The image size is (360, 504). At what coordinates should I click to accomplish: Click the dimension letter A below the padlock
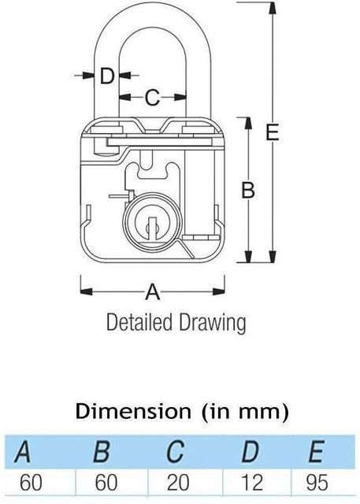[154, 293]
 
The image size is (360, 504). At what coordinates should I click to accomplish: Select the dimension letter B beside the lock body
[247, 190]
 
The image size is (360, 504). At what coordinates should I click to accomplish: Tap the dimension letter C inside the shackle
[153, 98]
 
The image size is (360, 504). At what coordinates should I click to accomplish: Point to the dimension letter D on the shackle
[108, 76]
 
